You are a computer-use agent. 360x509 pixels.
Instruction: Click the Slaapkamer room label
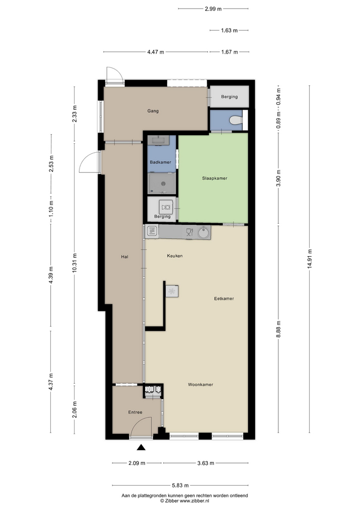point(215,178)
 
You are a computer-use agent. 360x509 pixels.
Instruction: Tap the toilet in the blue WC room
point(236,120)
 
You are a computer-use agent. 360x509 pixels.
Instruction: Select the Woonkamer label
point(200,385)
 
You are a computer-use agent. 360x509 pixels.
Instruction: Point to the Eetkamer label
point(224,299)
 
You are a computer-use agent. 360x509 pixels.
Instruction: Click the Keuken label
point(174,256)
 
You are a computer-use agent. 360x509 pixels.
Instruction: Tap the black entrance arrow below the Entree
point(141,447)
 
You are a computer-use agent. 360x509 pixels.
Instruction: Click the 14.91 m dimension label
point(310,259)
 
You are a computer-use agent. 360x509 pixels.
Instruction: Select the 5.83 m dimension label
point(180,486)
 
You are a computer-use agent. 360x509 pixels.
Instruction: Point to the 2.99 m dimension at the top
point(213,9)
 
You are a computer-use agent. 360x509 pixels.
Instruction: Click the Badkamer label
point(160,162)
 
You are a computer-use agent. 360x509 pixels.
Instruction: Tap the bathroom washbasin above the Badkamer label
point(159,140)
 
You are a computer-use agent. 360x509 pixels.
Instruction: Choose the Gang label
point(153,111)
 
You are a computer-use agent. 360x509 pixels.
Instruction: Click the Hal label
point(125,257)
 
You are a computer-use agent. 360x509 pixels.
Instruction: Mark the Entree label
point(135,413)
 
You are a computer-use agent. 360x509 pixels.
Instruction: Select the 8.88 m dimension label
point(278,329)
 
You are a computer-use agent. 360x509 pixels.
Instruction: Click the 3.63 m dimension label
point(206,463)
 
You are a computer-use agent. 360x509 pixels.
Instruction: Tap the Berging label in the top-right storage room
point(230,96)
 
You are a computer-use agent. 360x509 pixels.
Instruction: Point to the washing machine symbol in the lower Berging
point(165,206)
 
